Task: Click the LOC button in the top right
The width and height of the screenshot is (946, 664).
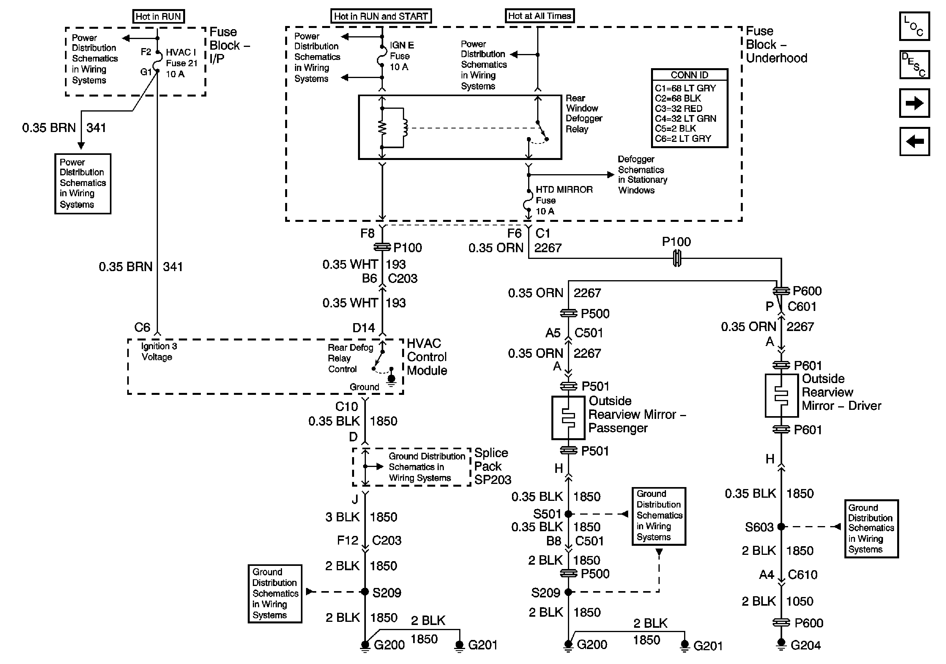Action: [914, 26]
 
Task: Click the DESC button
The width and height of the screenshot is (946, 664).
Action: [914, 65]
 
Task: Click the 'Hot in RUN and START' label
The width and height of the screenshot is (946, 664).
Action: [381, 16]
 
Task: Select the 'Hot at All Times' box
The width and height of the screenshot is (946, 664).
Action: [539, 16]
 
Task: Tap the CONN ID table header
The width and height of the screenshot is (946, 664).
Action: [689, 74]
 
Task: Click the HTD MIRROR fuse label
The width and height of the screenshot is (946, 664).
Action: [564, 200]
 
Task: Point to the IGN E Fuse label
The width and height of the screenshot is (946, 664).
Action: [402, 56]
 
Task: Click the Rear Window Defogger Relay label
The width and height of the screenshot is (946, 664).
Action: [584, 113]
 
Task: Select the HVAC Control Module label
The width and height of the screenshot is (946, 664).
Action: [427, 357]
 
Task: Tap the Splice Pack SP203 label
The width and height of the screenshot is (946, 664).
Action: [492, 466]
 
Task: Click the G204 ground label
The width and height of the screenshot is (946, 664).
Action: [805, 645]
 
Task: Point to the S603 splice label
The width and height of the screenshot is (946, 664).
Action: [759, 527]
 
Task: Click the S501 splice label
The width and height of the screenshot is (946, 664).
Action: [547, 514]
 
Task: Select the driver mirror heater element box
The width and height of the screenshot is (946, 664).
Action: [782, 396]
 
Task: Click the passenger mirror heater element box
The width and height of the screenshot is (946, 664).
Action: [568, 418]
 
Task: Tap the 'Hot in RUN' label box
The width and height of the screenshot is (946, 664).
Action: [158, 17]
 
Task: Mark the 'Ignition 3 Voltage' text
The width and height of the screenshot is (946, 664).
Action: [159, 352]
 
